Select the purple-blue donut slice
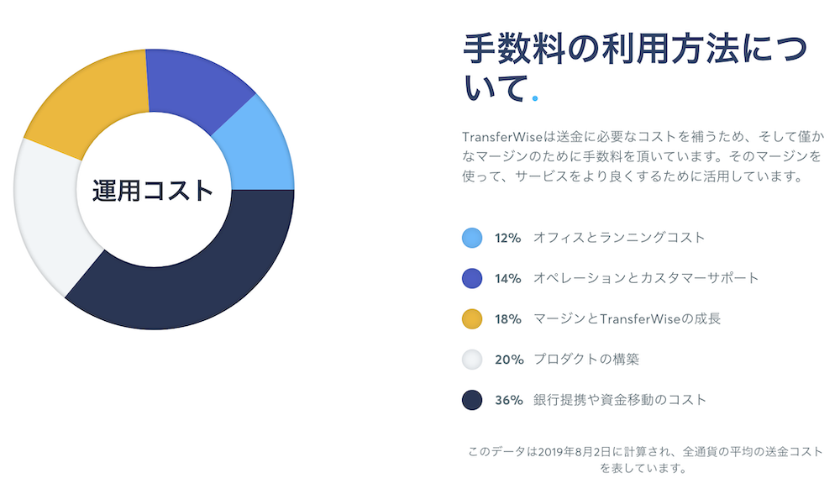[197, 86]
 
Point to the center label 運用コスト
[153, 190]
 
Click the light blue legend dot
[472, 238]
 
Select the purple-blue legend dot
[472, 279]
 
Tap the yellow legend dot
[472, 318]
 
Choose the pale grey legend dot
[472, 360]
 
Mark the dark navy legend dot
[472, 400]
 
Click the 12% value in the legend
[508, 238]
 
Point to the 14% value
[508, 279]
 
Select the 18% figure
[508, 319]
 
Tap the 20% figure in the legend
[509, 360]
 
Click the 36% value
[509, 400]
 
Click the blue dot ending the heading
[534, 98]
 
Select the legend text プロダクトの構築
[586, 360]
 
